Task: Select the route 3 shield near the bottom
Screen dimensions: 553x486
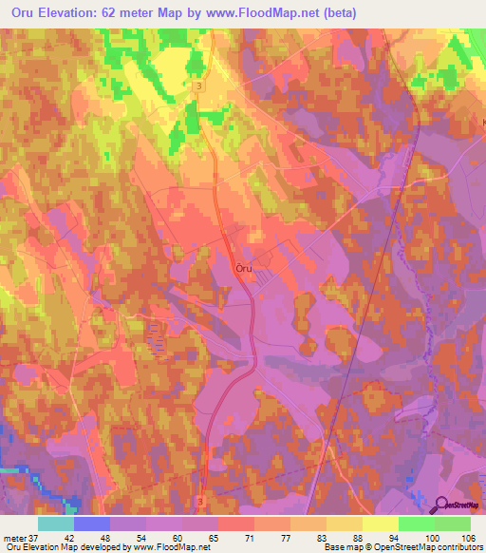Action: [200, 499]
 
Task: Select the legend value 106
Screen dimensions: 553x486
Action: [466, 537]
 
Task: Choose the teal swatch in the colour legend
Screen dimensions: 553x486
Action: [55, 524]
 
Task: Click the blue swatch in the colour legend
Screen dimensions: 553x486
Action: [91, 524]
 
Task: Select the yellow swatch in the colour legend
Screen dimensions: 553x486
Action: [380, 524]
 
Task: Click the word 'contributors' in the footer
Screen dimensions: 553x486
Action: [458, 547]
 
